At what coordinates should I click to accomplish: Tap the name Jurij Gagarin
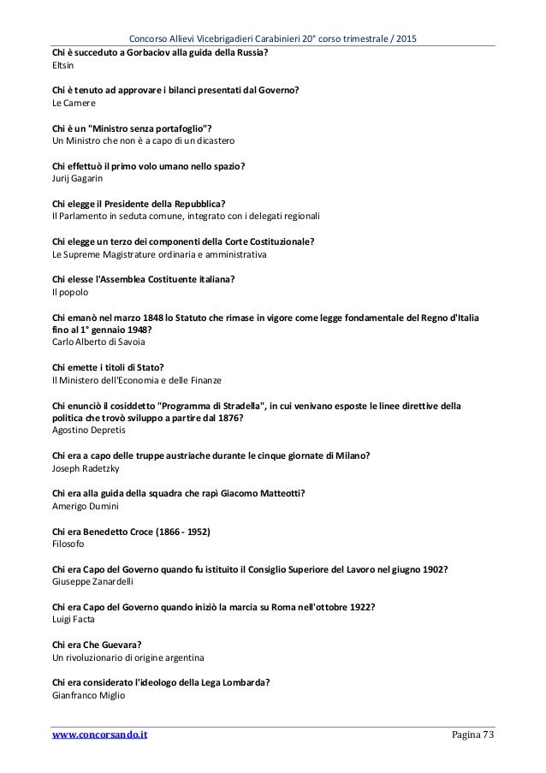click(79, 178)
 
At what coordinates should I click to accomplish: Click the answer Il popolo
click(71, 292)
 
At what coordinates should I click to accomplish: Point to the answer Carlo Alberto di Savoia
click(100, 342)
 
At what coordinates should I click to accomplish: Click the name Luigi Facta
click(74, 619)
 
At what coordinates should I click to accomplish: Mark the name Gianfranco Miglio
click(89, 695)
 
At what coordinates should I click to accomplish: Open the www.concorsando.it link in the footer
click(99, 734)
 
